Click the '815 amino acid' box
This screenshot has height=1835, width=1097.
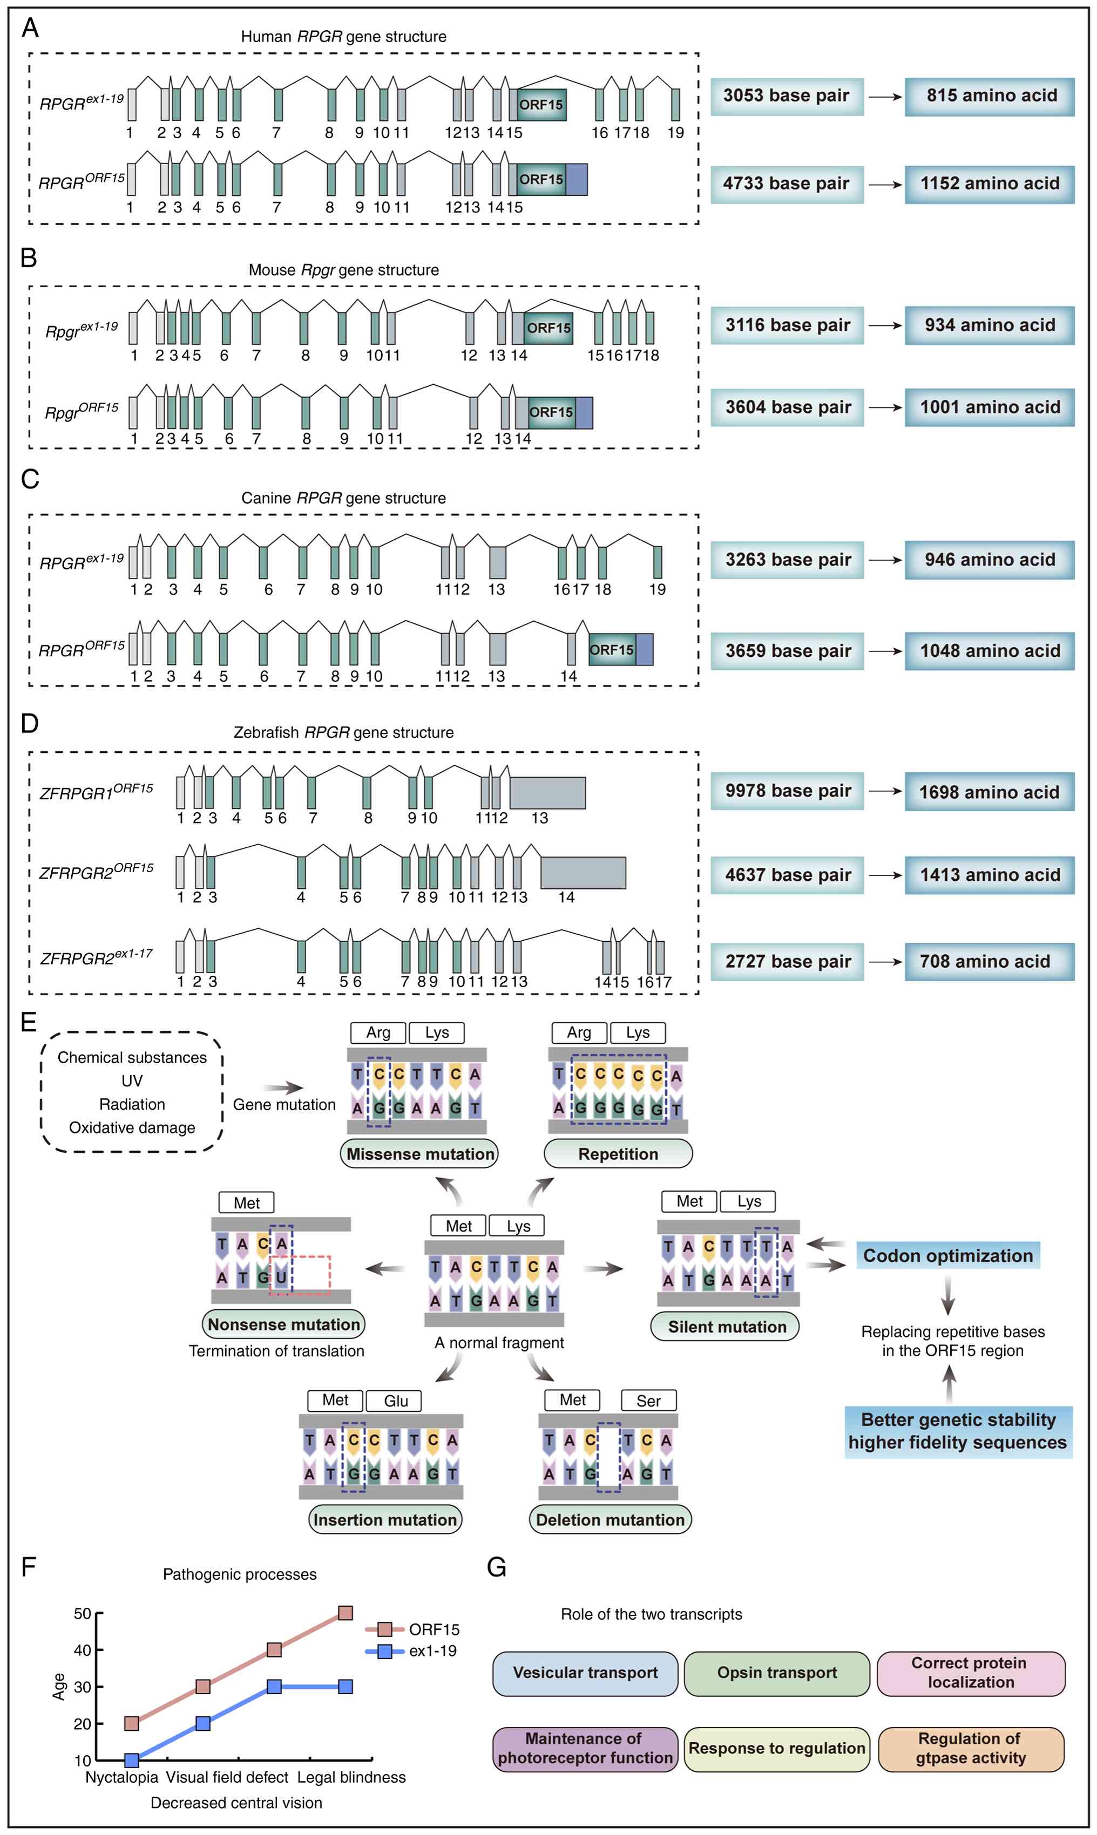[989, 96]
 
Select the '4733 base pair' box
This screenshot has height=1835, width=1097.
[787, 184]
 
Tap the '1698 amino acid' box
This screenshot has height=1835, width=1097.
[989, 792]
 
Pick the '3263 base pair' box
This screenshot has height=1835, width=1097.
[787, 560]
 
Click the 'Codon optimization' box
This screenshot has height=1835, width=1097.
[947, 1255]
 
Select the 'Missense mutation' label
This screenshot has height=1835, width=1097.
[419, 1153]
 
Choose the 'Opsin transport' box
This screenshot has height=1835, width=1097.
[776, 1673]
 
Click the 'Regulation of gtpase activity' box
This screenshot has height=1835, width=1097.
[971, 1749]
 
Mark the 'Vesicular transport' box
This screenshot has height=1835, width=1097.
[585, 1673]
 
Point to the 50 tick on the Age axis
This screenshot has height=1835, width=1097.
[82, 1613]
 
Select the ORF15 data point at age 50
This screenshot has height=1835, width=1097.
[345, 1613]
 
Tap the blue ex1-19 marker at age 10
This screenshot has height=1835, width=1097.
[132, 1761]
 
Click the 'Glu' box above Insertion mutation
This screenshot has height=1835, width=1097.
[396, 1401]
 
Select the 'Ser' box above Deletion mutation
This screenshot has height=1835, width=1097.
[648, 1401]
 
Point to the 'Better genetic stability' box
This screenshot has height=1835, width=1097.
[958, 1431]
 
